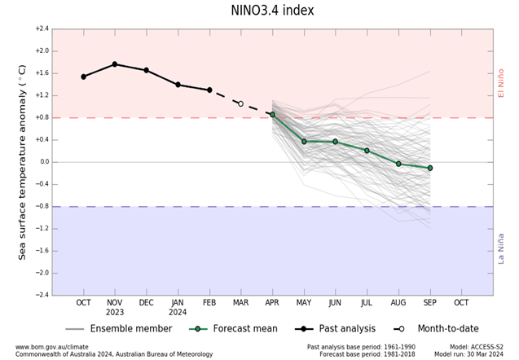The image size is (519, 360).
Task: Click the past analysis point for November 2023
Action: pos(115,64)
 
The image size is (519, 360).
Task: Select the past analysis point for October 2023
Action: pos(84,77)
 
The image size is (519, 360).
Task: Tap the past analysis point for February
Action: pos(209,90)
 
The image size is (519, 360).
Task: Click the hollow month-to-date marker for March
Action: pos(240,103)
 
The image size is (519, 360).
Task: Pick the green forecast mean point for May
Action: pos(304,141)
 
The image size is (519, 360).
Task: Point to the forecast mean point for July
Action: pos(367,150)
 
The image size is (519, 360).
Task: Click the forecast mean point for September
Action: pos(429,168)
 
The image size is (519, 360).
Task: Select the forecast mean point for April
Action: pos(272,115)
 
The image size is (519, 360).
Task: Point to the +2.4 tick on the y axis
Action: pos(42,29)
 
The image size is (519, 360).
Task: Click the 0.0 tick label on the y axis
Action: pos(43,162)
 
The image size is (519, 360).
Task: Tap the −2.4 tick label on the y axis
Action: pos(42,295)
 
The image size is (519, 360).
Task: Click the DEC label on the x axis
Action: pos(146,302)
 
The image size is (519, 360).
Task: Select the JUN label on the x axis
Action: pos(335,302)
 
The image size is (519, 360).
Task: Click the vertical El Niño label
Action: pos(501,84)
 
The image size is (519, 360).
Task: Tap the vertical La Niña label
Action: pos(501,248)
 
